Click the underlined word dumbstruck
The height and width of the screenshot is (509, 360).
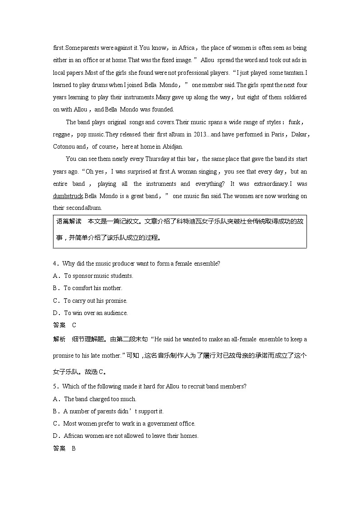68,196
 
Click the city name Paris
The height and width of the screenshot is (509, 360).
277,134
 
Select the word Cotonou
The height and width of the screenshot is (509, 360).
64,146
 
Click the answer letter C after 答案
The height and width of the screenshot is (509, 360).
74,325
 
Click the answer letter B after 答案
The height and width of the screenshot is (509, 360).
73,448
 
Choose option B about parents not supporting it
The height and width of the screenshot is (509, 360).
113,411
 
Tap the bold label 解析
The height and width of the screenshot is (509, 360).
59,339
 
